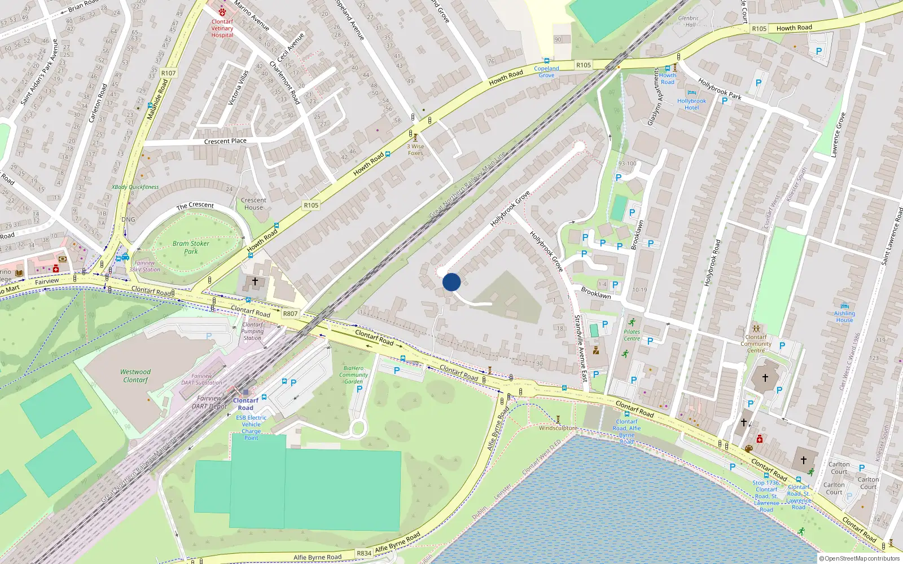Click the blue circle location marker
coord(451,282)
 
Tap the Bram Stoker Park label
coord(191,248)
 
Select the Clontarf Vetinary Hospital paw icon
coord(222,12)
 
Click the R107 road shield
coord(168,73)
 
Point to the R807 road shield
coord(290,314)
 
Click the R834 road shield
coord(364,553)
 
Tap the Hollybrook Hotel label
coord(691,104)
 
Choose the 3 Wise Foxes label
coord(415,149)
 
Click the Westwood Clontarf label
coord(135,376)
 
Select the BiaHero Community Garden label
coord(354,374)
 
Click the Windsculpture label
coord(558,428)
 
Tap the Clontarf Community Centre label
coord(756,343)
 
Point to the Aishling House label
coord(844,316)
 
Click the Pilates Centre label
coord(632,335)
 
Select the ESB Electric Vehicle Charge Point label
coord(251,428)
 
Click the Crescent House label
coord(253,204)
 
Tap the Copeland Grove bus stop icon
coord(546,60)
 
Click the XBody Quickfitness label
coord(135,187)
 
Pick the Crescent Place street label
coord(225,141)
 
